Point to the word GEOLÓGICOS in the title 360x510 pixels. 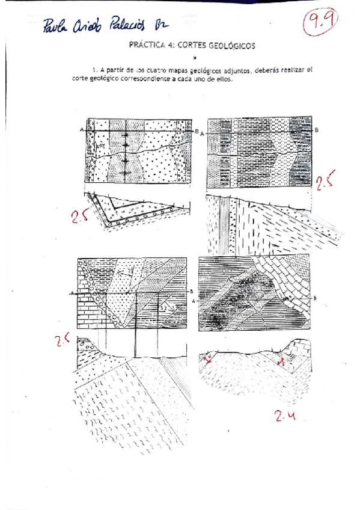[231, 45]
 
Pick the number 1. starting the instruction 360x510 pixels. [95, 70]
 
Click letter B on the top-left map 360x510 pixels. [197, 129]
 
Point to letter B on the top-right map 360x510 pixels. [317, 129]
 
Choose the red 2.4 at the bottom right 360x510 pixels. [287, 416]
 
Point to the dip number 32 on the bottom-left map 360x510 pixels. [163, 307]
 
